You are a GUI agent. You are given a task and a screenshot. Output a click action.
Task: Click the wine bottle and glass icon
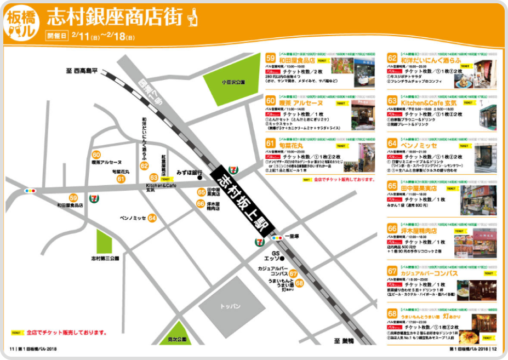click(192, 17)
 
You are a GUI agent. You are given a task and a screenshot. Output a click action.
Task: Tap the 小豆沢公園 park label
click(233, 82)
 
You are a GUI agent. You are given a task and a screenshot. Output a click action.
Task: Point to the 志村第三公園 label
click(104, 258)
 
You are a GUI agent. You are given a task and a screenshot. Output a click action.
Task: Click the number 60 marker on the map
click(96, 155)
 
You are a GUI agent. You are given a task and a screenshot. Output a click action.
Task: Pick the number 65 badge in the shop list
click(392, 186)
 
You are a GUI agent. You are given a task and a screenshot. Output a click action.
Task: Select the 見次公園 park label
click(178, 340)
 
